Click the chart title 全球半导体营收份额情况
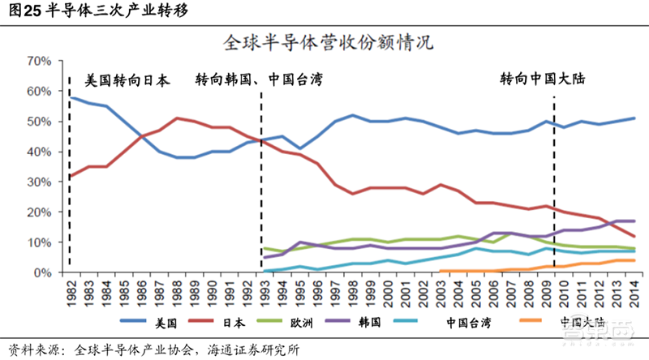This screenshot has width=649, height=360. [324, 42]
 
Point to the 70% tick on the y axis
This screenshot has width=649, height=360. [38, 61]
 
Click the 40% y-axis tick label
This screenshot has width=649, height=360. [38, 152]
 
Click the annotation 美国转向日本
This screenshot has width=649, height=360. [127, 80]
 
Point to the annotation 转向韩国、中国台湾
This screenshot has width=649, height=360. [259, 80]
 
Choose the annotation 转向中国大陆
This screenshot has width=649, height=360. [542, 80]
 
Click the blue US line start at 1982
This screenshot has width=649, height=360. [71, 97]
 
